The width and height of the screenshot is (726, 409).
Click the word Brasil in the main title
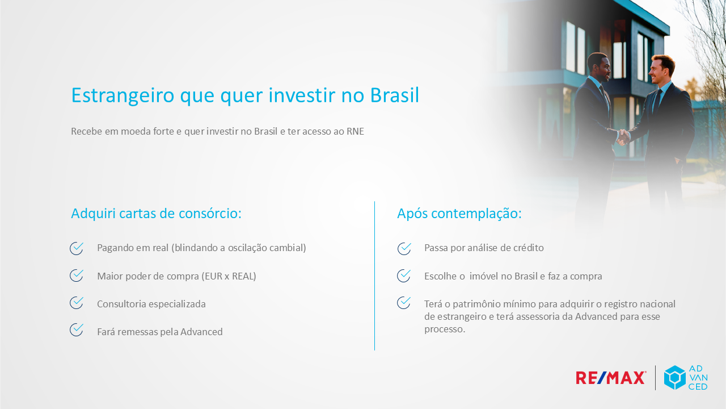[394, 95]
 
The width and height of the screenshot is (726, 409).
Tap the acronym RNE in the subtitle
[355, 131]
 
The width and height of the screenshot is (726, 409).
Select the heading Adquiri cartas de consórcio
[156, 213]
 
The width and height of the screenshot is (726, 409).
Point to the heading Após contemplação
[459, 214]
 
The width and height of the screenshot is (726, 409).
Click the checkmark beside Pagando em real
[77, 248]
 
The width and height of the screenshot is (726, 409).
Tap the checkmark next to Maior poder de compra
[77, 276]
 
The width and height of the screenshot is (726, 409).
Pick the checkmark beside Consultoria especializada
[77, 303]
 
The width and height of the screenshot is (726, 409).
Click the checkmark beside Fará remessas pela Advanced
[77, 330]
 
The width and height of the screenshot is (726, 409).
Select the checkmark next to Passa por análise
[404, 249]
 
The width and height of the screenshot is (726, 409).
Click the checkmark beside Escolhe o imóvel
[404, 276]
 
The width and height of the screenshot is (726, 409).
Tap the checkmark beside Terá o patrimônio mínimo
[404, 303]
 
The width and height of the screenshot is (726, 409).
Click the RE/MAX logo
[611, 378]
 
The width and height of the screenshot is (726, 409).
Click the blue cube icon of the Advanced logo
[675, 378]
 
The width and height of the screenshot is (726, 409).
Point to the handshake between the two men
[623, 137]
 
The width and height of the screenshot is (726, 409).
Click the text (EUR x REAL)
[229, 276]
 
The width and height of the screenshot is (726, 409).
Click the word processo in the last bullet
[445, 329]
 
